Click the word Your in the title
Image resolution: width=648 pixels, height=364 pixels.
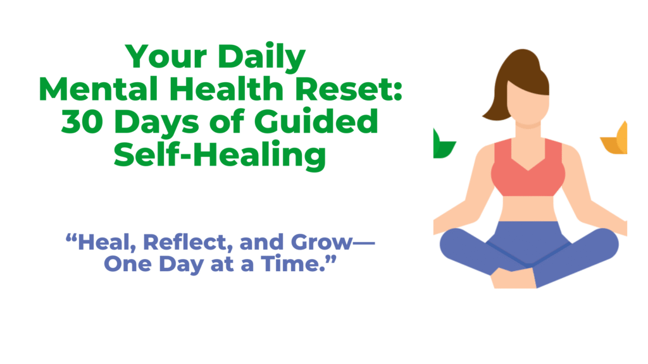point(166,57)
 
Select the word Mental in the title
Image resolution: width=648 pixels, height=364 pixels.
point(98,88)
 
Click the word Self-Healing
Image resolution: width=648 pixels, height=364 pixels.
point(220,155)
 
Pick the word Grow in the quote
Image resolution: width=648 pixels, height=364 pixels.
point(322,243)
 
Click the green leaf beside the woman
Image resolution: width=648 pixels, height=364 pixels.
point(442,145)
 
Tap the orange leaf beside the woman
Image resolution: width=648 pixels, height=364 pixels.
point(615,138)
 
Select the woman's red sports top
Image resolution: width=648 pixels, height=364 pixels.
point(528,167)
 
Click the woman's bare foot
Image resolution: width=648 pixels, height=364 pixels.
point(513,279)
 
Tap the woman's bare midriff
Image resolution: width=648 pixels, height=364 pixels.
point(528,209)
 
